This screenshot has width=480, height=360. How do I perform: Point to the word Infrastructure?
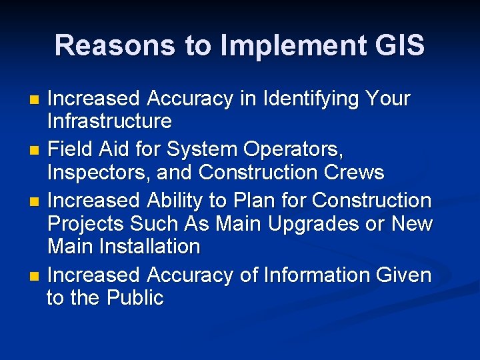pos(109,121)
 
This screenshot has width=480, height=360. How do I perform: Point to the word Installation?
pos(151,247)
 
